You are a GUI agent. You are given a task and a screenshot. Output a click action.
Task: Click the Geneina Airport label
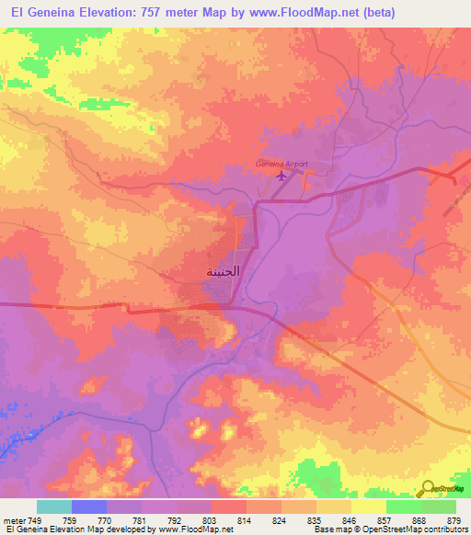pyautogui.click(x=281, y=165)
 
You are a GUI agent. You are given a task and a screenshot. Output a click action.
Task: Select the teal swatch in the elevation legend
pyautogui.click(x=54, y=507)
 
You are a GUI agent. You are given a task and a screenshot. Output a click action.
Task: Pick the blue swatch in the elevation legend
pyautogui.click(x=89, y=507)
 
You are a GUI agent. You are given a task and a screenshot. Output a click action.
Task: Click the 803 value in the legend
pyautogui.click(x=212, y=519)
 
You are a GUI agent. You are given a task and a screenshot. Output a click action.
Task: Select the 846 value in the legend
pyautogui.click(x=350, y=519)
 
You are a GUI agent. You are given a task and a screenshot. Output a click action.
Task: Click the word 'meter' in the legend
pyautogui.click(x=15, y=519)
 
